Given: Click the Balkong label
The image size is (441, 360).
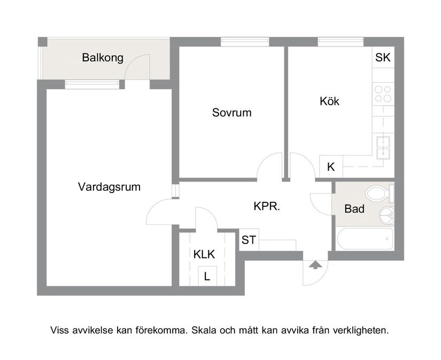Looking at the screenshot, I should (103, 58).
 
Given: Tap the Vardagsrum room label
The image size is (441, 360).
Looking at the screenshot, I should (109, 187).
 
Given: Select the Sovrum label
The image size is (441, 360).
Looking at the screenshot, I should (231, 113).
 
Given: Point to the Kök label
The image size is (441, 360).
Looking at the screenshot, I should (329, 101).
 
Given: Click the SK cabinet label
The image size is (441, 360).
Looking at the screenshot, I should (383, 58).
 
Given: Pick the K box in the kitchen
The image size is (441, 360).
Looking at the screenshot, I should (331, 167).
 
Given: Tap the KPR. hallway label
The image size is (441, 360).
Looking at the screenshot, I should (267, 206).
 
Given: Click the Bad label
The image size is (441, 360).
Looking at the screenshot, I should (354, 209).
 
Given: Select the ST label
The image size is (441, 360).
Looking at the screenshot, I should (249, 240).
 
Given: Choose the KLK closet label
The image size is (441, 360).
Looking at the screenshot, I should (204, 254).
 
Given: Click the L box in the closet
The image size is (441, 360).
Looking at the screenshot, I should (207, 277).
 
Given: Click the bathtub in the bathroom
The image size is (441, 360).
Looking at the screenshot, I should (365, 239).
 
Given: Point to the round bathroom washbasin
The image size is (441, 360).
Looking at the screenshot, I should (386, 215).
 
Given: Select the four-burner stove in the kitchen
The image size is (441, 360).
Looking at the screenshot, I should (383, 95).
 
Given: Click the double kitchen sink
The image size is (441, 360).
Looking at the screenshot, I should (383, 147).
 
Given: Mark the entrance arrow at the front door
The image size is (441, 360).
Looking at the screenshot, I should (315, 264).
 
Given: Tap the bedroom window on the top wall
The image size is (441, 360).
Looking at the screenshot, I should (245, 41).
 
